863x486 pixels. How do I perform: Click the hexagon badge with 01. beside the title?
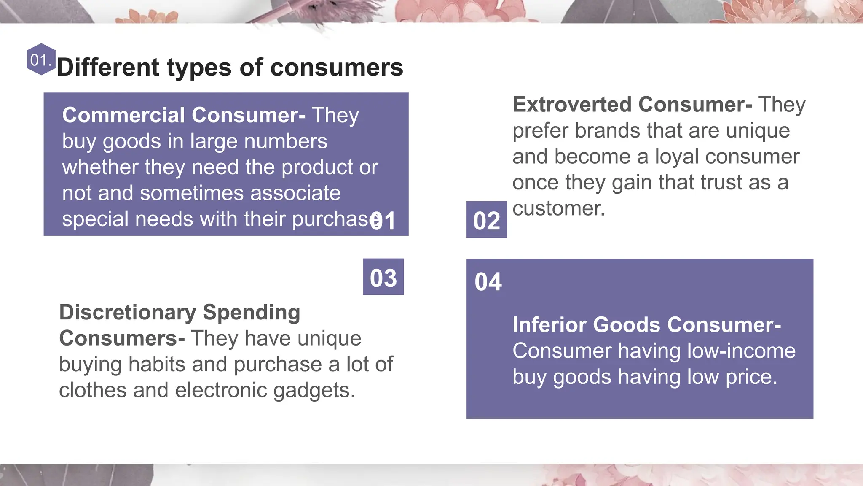coord(41,59)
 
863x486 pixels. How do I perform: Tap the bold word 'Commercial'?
coord(123,115)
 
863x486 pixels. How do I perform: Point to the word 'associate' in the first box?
coord(295,193)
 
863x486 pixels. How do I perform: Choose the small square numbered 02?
coord(487,220)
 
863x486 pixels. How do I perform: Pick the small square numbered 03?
coord(383,278)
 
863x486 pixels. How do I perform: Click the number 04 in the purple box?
coord(488,282)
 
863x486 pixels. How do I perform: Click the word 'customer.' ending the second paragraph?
coord(558,208)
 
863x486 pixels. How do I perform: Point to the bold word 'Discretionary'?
coord(128,313)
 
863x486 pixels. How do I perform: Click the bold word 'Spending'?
coord(251,313)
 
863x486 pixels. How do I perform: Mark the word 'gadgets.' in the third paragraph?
coord(314,390)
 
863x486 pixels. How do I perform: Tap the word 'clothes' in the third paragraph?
coord(93,390)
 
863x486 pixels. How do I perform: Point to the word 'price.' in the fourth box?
coord(751,377)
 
